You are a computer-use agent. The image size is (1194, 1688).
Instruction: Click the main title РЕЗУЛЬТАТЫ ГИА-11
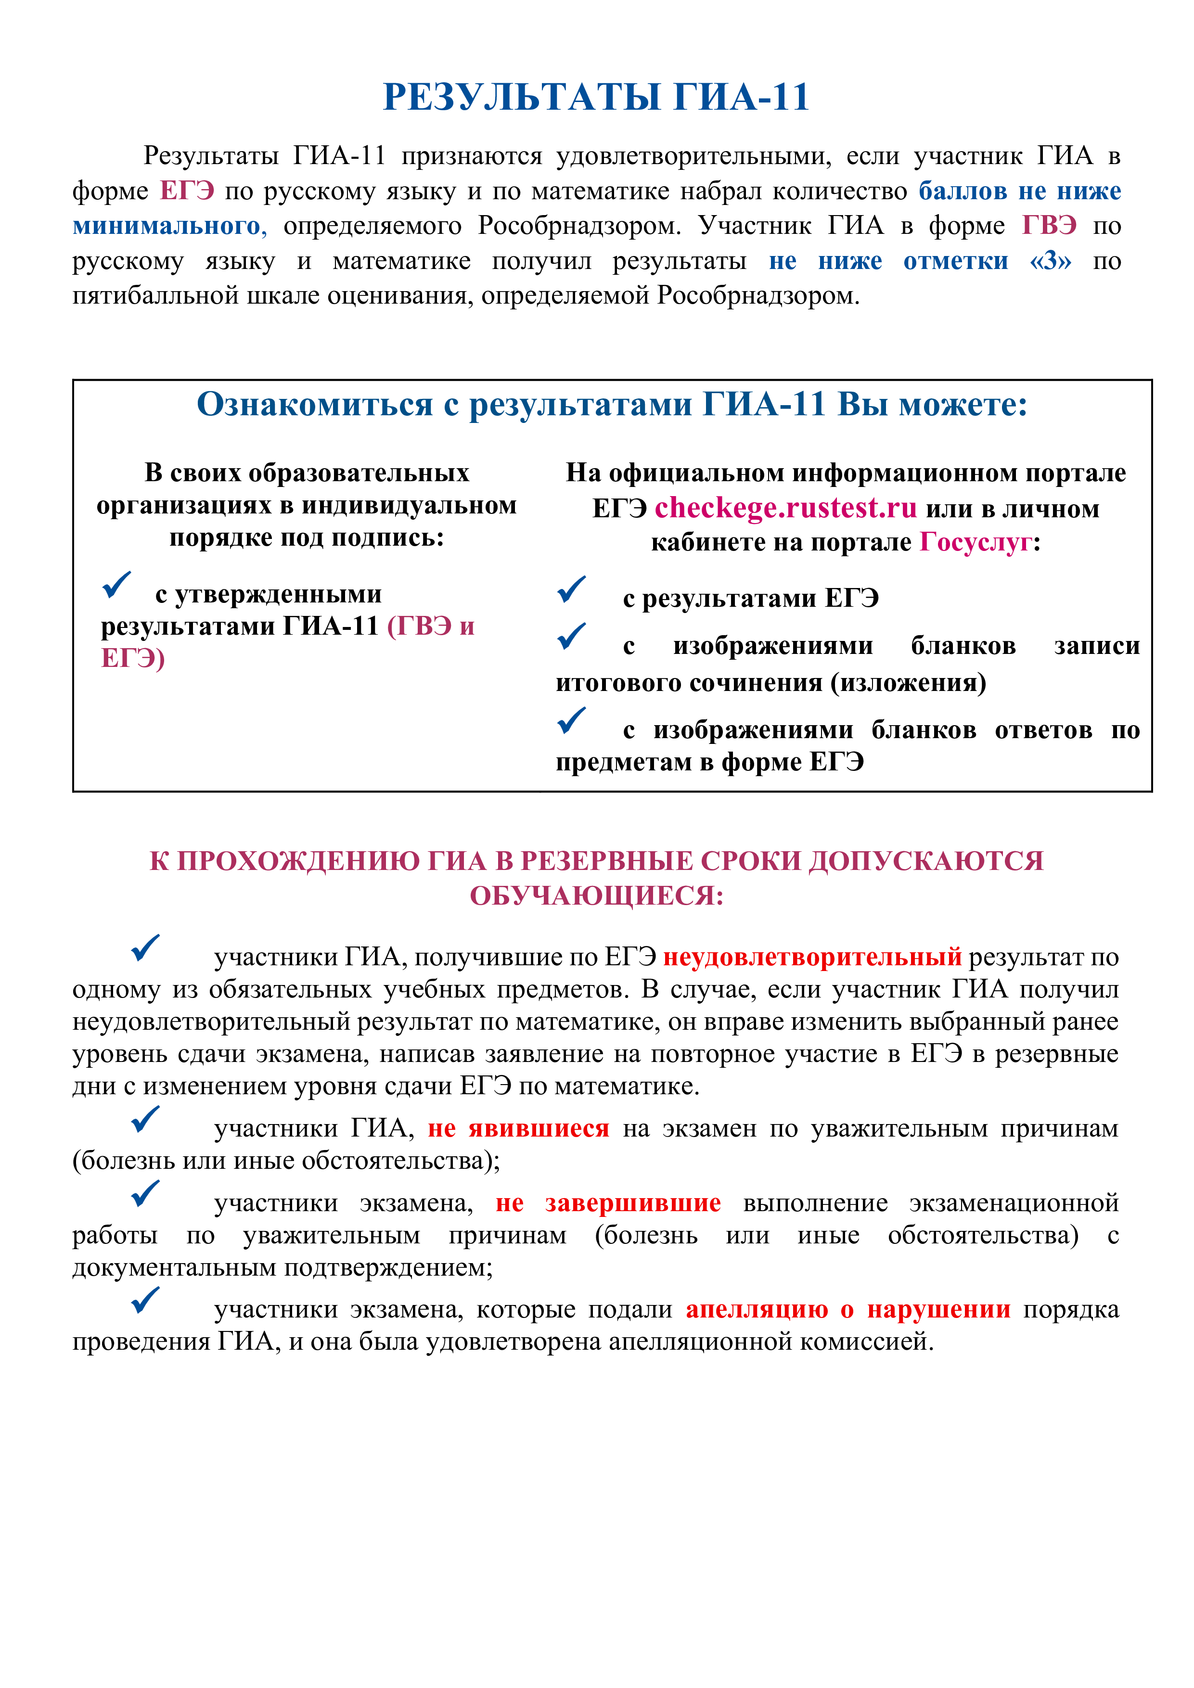[596, 97]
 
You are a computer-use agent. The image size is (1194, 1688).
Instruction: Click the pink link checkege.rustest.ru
[785, 508]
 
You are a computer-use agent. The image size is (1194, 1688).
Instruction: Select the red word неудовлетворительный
[812, 957]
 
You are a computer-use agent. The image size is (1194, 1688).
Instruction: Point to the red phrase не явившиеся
[518, 1128]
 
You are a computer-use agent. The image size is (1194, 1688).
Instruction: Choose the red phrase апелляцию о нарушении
[847, 1309]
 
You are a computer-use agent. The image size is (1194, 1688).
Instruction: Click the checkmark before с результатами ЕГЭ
[571, 589]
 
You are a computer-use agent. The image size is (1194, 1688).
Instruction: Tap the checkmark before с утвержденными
[116, 585]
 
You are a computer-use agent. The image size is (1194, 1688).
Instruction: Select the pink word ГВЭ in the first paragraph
[1049, 225]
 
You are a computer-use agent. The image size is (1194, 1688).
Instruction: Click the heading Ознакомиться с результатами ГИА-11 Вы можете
[612, 404]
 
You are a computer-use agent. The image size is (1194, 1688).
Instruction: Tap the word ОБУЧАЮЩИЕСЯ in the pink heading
[596, 895]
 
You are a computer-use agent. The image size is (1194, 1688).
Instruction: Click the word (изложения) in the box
[909, 683]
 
